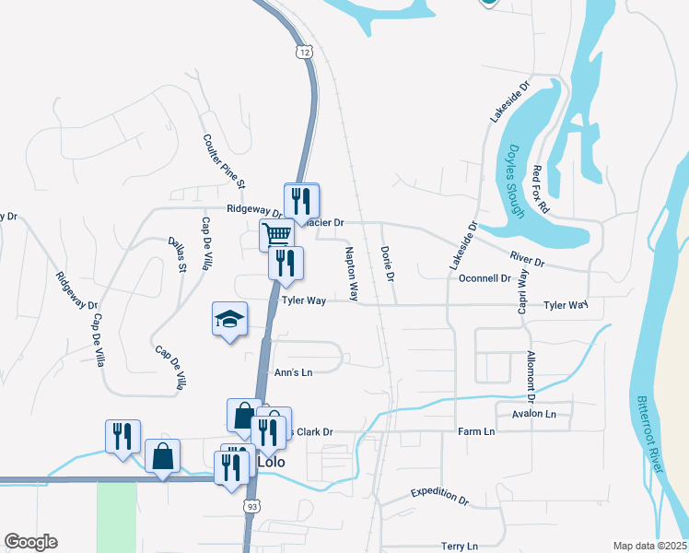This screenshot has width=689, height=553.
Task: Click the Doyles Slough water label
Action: [515, 182]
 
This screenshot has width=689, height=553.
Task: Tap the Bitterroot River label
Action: [650, 433]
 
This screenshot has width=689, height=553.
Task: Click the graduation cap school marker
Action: [229, 319]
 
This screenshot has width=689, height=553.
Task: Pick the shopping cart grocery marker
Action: [276, 233]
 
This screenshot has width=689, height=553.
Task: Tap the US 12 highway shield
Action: [305, 53]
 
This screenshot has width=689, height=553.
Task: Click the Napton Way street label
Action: [352, 273]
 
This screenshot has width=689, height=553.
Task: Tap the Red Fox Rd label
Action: [541, 189]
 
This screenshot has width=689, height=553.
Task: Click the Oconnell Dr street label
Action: [485, 277]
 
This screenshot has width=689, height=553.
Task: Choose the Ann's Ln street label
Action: [294, 372]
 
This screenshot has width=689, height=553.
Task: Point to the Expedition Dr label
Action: [439, 496]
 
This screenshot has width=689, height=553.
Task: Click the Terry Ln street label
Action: [460, 547]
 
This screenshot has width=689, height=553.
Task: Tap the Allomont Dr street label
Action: [531, 375]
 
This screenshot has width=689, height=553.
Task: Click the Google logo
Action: [30, 542]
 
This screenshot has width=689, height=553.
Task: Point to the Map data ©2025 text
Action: [649, 546]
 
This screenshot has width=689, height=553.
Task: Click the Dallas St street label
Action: [177, 253]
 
